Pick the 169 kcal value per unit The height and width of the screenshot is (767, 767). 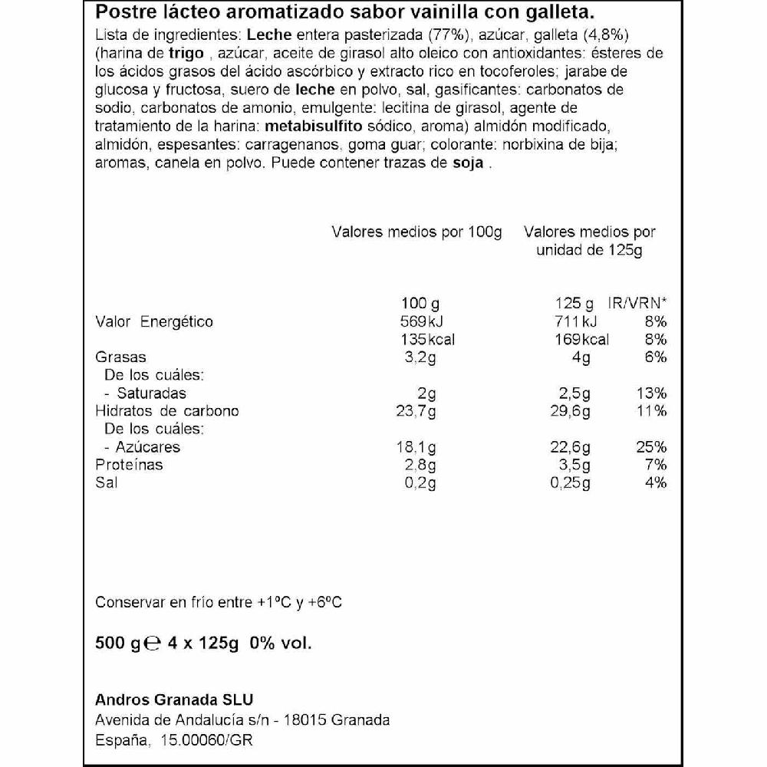click(578, 339)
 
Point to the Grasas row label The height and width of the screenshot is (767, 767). click(120, 357)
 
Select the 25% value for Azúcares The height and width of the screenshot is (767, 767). click(651, 447)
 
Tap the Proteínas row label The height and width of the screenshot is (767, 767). click(129, 465)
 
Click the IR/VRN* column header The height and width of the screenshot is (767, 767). click(637, 303)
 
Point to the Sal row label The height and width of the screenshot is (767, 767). click(107, 482)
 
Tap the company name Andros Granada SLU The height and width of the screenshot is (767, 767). click(173, 700)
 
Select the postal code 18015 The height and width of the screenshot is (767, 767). click(306, 719)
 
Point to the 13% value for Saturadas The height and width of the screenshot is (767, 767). click(651, 393)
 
